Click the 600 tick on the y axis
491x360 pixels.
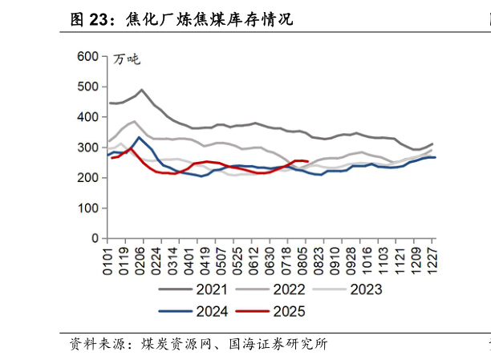point(87,56)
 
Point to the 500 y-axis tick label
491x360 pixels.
point(87,87)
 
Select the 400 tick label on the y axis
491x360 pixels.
point(87,117)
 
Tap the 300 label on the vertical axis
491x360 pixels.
point(87,148)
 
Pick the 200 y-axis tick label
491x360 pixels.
point(87,178)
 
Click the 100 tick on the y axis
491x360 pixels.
point(87,208)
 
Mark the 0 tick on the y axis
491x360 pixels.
point(95,239)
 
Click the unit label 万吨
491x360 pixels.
point(127,59)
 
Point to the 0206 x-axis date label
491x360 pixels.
point(142,261)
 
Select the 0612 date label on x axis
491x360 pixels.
point(255,261)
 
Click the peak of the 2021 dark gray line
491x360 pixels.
point(141,90)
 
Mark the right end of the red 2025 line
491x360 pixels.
point(308,162)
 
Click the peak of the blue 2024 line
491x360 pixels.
point(139,137)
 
